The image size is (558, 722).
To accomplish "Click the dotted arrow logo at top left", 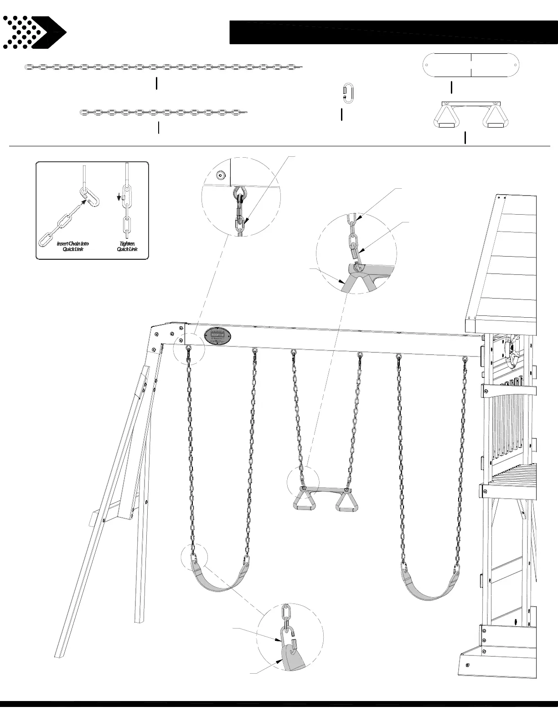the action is (x=34, y=32).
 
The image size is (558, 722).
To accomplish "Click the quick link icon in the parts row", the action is (x=348, y=93).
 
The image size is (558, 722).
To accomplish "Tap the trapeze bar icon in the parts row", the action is (x=470, y=115).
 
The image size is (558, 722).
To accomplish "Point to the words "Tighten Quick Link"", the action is (x=127, y=246).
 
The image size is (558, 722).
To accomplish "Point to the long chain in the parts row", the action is (x=163, y=67).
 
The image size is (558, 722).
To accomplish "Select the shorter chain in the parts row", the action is (x=163, y=112).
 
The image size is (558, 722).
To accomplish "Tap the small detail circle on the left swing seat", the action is (x=194, y=557).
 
